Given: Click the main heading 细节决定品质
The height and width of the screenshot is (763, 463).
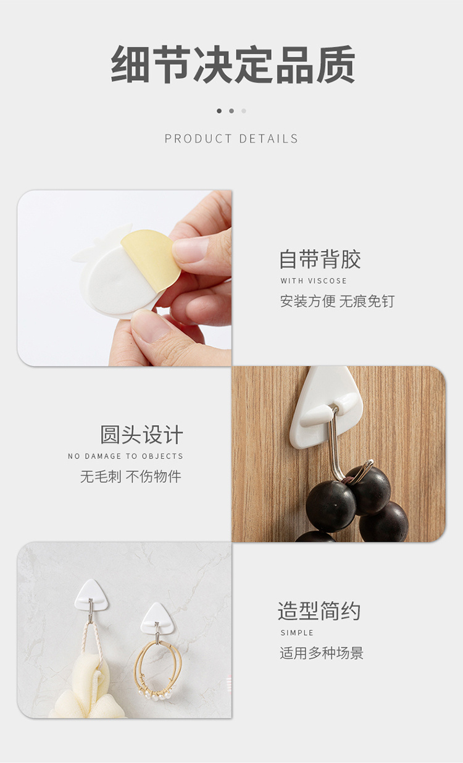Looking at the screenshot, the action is tap(233, 65).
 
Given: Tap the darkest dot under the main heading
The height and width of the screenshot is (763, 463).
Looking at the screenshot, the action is tap(219, 111).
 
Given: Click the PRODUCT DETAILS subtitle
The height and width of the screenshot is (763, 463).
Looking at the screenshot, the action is tap(231, 138).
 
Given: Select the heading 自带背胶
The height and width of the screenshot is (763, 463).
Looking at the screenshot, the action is tap(320, 259).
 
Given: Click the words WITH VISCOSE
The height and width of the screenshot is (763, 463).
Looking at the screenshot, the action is tap(313, 280).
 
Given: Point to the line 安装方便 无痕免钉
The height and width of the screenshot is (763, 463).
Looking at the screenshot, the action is tap(337, 301).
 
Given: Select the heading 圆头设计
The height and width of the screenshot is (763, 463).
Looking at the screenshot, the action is tap(141, 434).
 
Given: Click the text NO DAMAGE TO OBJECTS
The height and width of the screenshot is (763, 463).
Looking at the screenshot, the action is tap(125, 456).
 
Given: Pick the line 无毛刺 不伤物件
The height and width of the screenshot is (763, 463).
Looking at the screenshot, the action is tap(131, 476).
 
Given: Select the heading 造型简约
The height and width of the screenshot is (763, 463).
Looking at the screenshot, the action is tap(319, 610).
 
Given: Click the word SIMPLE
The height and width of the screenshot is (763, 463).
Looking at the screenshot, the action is tap(296, 633).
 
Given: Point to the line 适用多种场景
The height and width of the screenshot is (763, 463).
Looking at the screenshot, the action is tap(322, 653).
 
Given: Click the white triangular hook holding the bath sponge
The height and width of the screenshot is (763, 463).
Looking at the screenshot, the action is tap(91, 595).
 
